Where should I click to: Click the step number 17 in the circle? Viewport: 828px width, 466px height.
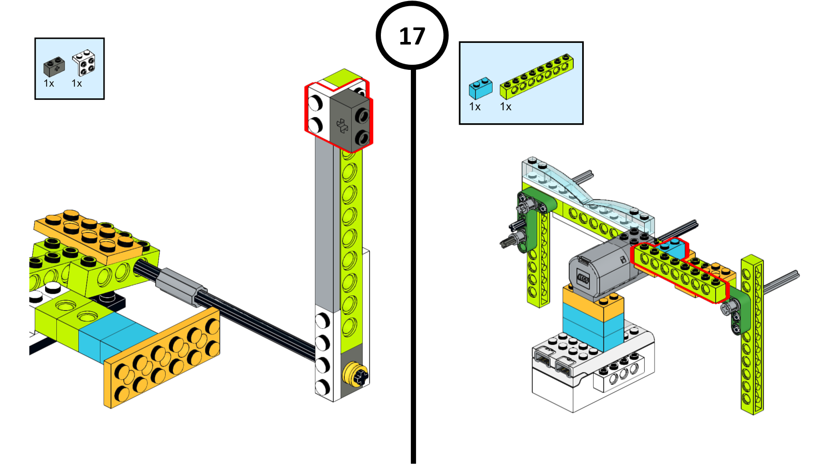point(412,36)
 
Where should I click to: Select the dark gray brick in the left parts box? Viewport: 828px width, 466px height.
point(54,66)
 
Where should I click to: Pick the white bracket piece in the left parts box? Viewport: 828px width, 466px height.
point(84,63)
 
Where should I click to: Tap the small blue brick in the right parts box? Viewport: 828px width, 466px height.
point(480,88)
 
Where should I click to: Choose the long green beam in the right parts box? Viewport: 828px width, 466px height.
point(536,77)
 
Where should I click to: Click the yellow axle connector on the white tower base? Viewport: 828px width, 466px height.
point(356,374)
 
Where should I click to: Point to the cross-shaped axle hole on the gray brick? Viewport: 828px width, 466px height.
point(342,125)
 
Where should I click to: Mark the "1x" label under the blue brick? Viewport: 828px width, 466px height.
point(475,107)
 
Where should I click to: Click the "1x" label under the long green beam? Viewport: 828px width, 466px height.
point(506,107)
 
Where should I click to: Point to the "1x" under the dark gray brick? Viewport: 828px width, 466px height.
point(49,83)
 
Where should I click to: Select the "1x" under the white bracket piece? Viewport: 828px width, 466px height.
point(77,83)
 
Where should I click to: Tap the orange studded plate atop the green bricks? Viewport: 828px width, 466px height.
point(88,232)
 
